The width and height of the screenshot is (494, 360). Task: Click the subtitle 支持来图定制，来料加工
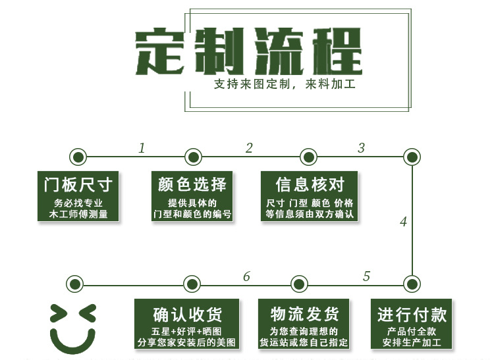click(284, 85)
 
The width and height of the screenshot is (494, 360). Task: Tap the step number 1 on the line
click(142, 148)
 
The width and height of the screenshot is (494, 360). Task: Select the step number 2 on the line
click(249, 148)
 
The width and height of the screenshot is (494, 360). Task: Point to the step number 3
click(361, 148)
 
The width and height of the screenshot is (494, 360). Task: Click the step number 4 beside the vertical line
click(403, 222)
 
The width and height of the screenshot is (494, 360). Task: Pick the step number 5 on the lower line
click(367, 276)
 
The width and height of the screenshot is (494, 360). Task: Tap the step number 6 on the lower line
click(246, 276)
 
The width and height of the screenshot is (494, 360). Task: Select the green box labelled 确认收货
click(187, 324)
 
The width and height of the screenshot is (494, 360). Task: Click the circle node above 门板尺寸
click(78, 157)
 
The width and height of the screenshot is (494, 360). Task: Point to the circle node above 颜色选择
click(193, 157)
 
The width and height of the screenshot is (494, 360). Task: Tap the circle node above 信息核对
click(308, 157)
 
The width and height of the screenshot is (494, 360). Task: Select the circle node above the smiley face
click(75, 284)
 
